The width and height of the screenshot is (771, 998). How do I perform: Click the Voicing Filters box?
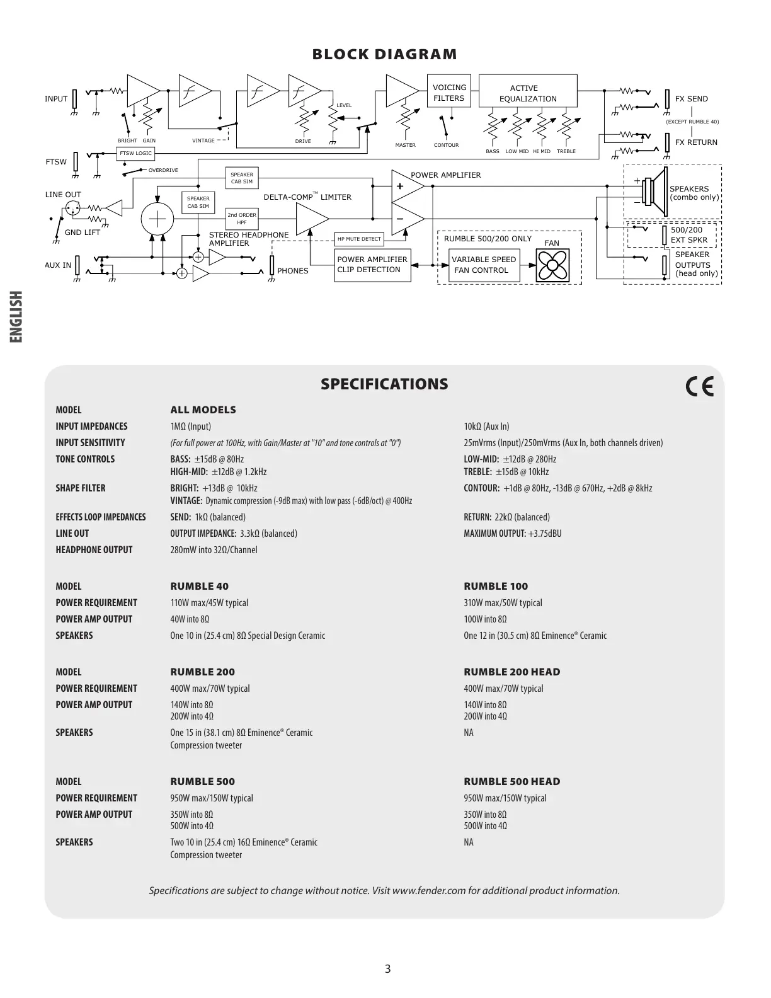point(449,93)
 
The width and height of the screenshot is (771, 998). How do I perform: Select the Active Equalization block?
point(528,93)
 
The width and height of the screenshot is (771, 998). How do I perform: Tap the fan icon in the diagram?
point(552,265)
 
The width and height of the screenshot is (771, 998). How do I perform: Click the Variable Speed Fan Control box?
point(484,265)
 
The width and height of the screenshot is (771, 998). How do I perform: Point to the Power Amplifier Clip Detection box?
point(372,265)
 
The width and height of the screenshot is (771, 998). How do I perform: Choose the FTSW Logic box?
point(135,153)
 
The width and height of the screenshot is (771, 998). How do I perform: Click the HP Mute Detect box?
point(359,239)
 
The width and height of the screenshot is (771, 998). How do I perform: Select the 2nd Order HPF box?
point(242,219)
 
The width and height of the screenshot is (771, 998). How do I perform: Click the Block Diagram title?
point(385,54)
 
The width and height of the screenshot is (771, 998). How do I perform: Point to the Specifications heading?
point(384,384)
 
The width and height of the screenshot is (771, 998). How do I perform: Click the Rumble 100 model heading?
point(496,587)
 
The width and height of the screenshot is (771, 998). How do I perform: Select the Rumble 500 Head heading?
point(511,782)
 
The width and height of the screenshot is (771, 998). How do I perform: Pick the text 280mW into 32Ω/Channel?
point(214,550)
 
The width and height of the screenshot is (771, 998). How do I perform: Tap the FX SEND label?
point(691,99)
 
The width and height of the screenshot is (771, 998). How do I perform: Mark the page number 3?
point(387,969)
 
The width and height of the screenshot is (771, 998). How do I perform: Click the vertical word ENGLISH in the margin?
point(16,317)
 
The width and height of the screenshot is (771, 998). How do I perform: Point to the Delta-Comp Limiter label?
point(307,197)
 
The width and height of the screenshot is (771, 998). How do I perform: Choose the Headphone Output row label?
point(94,550)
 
